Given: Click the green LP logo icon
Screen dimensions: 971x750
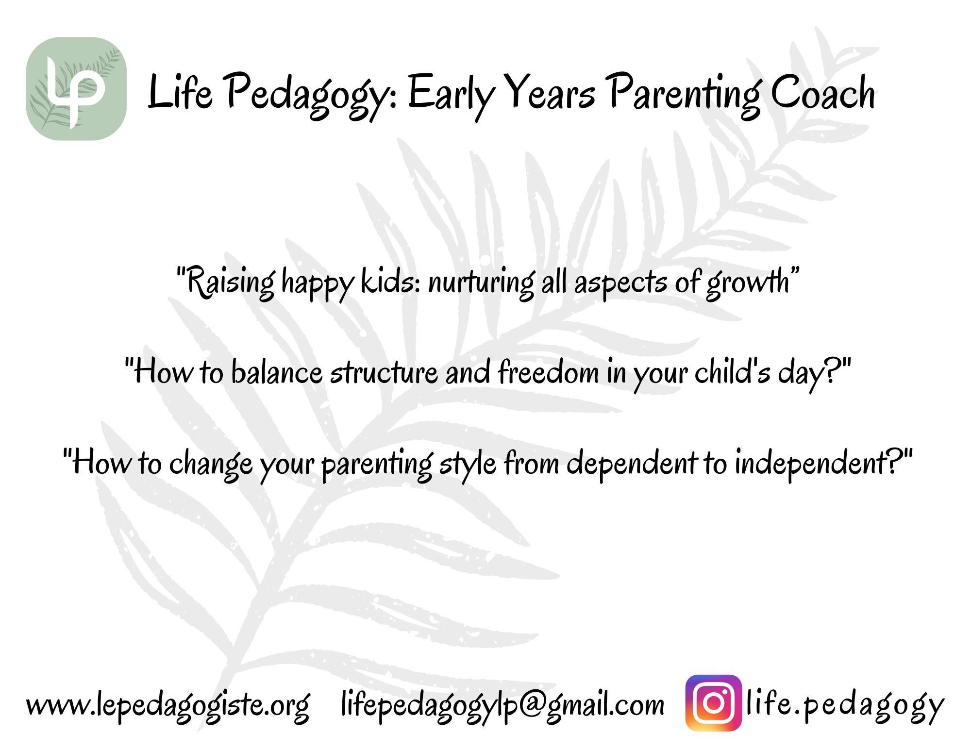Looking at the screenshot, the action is point(76,89).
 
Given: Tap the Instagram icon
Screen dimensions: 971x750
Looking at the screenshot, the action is point(714,703).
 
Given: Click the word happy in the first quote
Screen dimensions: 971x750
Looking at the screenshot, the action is point(318,284).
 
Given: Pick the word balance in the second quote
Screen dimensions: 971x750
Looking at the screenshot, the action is point(276,373).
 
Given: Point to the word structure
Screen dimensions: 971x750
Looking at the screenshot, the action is point(384,373).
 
